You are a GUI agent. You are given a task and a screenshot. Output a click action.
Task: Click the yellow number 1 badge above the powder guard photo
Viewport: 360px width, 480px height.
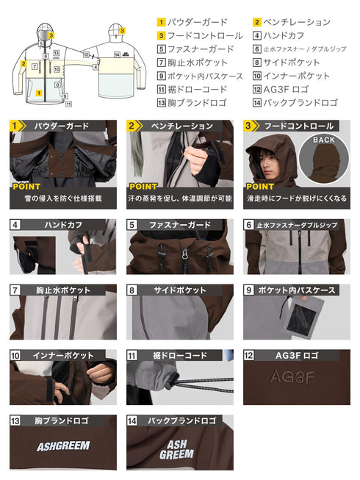click(x=14, y=126)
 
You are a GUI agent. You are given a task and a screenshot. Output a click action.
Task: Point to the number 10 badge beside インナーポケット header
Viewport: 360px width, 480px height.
click(x=15, y=356)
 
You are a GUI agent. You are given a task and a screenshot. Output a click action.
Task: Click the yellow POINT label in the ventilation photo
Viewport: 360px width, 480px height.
click(x=144, y=187)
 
